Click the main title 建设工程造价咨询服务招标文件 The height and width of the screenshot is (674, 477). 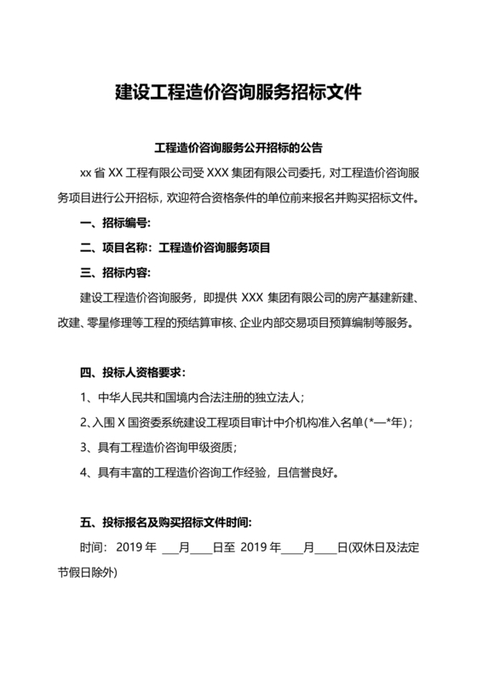pos(238,92)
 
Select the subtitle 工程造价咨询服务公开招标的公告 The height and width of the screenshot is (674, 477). pos(238,146)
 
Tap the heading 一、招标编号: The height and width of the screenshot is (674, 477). pos(114,224)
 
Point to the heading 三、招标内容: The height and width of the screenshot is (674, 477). pos(114,273)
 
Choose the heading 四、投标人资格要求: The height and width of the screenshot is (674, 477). pos(132,373)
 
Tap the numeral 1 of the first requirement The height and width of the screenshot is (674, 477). pos(83,397)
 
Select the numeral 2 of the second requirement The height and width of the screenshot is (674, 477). pos(83,422)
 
